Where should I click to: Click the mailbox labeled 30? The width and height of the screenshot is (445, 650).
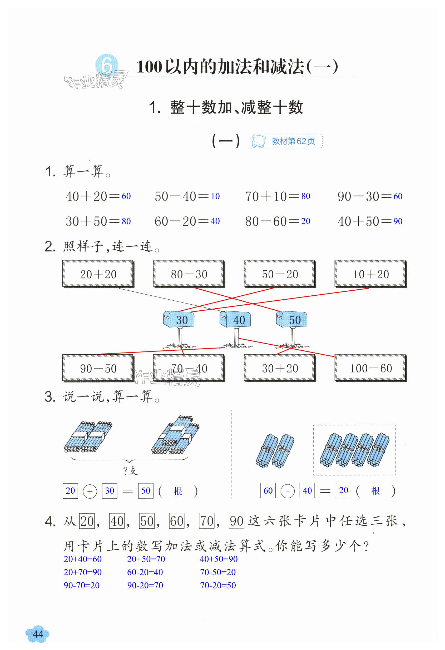tap(179, 319)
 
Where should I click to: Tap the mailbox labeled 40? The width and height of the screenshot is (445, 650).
tap(235, 319)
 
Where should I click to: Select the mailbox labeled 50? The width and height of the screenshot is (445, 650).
tap(291, 319)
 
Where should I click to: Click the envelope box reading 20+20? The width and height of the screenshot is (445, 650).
tap(98, 274)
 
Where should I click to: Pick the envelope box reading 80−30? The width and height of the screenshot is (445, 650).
tap(189, 274)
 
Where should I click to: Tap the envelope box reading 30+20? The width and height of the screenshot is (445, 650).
tap(280, 368)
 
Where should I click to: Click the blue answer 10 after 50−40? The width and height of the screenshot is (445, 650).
tap(215, 196)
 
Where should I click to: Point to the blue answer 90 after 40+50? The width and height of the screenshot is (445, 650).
tap(398, 221)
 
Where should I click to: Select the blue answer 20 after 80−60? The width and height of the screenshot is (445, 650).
tap(306, 221)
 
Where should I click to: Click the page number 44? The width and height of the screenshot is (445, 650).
tap(38, 634)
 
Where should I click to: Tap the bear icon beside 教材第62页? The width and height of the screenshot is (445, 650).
tap(258, 141)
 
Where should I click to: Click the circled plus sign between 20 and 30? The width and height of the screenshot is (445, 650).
tap(90, 491)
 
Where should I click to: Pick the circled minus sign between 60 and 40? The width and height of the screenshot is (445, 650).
tap(287, 491)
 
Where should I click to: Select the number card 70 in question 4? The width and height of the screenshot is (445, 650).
tap(207, 521)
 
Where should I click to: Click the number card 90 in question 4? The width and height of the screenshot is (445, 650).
tap(237, 521)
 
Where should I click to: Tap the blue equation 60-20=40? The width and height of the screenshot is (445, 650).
tap(145, 572)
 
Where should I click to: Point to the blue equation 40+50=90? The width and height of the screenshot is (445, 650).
tap(219, 559)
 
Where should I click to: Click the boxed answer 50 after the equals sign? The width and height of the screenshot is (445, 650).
tap(146, 490)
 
